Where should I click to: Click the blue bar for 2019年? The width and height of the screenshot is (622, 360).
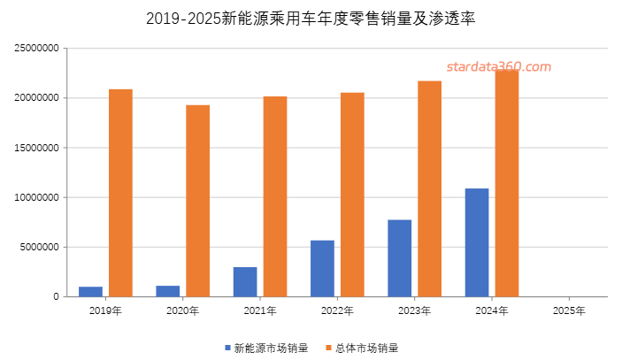[x=90, y=291]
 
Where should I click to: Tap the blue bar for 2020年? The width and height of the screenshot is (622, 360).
[x=168, y=291]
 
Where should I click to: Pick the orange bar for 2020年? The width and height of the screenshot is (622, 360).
[x=197, y=201]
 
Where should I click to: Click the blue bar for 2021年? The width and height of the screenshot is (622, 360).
[x=245, y=281]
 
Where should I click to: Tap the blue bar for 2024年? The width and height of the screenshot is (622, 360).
[x=477, y=242]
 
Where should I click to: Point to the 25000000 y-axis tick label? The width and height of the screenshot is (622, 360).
[x=37, y=49]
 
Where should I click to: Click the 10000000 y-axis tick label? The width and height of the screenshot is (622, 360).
[x=37, y=197]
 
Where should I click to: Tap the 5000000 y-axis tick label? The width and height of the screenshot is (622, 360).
[x=40, y=247]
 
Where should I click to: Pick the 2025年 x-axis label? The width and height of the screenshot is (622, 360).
[x=568, y=310]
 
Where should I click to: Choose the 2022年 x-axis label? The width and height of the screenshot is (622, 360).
[x=337, y=310]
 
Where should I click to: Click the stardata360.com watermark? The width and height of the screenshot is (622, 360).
[x=498, y=66]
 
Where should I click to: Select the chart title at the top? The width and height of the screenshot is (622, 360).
[x=311, y=18]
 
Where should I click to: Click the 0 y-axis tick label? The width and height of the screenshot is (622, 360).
[x=55, y=296]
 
